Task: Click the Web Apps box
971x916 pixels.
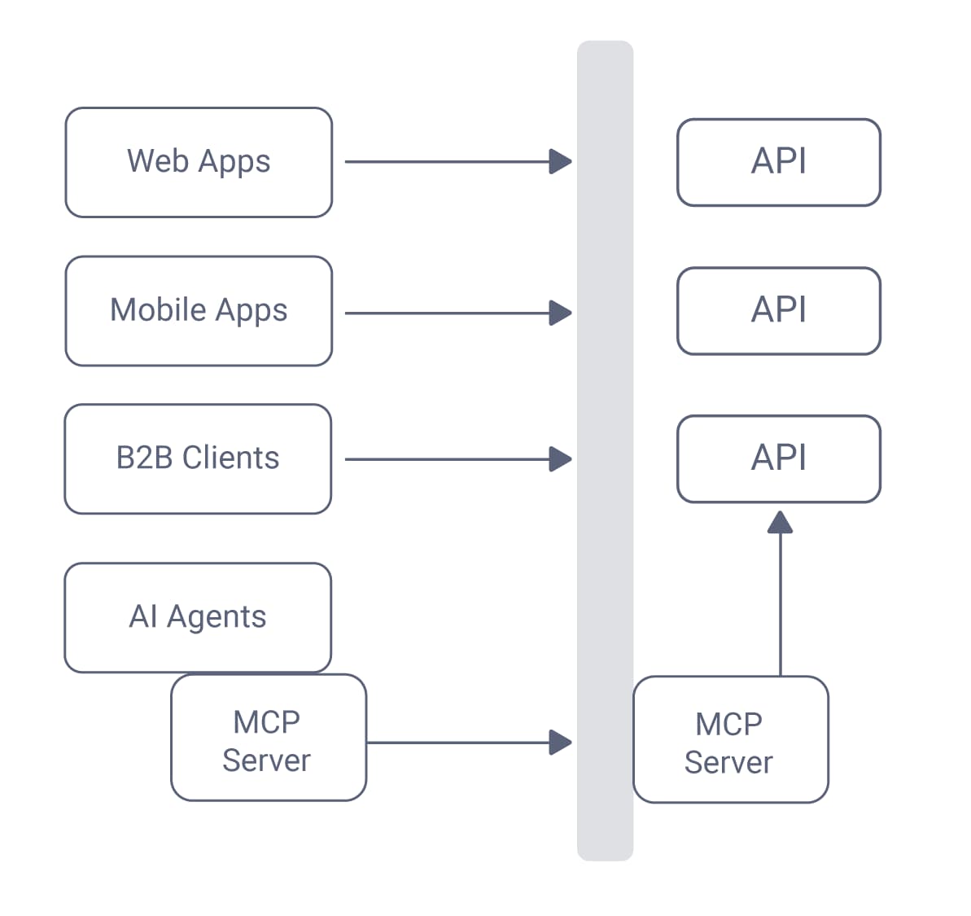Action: (199, 162)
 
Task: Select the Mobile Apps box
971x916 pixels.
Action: (199, 311)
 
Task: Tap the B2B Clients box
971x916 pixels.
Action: (198, 458)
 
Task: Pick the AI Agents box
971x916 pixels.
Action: (198, 616)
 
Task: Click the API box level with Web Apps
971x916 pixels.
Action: (778, 162)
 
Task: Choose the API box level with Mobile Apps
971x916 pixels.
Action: (778, 310)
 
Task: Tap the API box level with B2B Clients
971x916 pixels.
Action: (778, 458)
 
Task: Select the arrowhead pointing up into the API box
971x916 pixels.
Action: (780, 523)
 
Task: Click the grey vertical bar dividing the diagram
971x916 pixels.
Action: (605, 570)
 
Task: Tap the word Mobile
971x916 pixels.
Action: (158, 310)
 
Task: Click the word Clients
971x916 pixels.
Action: (230, 458)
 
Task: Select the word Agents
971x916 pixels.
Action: (217, 618)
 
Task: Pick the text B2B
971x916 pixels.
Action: (144, 458)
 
